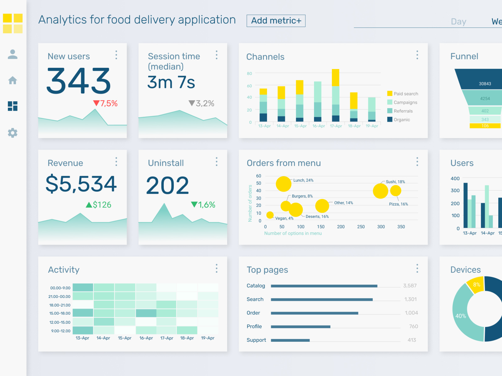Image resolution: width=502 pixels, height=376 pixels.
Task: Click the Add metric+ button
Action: (276, 21)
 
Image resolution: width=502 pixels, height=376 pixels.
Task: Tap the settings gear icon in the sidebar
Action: (13, 133)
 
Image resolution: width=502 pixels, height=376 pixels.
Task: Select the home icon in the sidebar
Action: (13, 80)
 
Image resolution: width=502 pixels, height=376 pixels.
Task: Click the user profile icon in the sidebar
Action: (13, 54)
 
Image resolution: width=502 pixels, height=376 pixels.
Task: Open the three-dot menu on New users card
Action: (116, 55)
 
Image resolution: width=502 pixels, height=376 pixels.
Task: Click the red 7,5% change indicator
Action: (105, 104)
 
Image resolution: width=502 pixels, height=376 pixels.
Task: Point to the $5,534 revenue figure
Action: (81, 184)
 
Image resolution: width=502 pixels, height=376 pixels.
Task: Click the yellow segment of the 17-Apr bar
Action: (335, 77)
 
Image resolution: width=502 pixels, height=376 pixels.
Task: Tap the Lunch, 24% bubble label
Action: (303, 180)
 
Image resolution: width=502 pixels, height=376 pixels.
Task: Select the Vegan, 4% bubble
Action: (270, 215)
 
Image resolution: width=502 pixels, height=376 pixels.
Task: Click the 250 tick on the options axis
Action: (361, 227)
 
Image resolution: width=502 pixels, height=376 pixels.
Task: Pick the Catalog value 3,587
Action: (410, 286)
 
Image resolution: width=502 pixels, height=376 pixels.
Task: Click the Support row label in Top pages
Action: (256, 340)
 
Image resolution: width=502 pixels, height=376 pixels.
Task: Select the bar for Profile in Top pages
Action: (300, 327)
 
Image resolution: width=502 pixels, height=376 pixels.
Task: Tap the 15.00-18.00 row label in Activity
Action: (60, 313)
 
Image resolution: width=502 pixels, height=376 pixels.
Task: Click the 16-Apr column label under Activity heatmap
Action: (146, 338)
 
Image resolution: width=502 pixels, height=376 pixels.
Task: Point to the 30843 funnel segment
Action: (485, 83)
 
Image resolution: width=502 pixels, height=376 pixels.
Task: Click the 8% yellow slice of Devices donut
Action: (476, 285)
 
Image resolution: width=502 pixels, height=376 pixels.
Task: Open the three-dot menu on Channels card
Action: (417, 55)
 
